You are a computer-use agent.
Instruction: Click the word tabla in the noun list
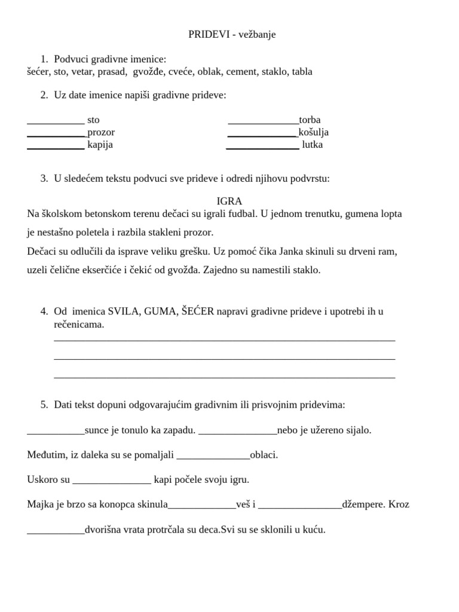click(x=302, y=72)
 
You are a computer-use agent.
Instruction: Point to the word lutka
click(x=313, y=145)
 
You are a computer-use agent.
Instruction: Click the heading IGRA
click(x=229, y=201)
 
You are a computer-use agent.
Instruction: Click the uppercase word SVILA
click(x=123, y=311)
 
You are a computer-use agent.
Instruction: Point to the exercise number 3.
click(x=44, y=179)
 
